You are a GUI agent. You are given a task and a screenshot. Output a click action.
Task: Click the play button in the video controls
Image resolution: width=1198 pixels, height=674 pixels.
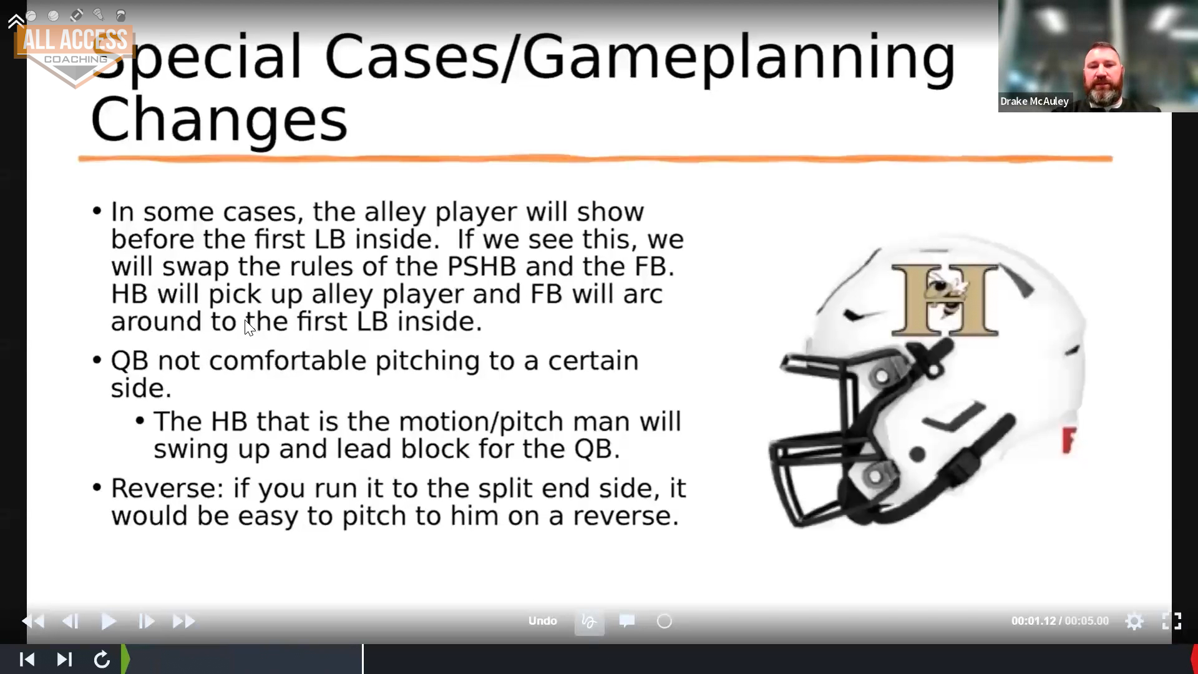pos(109,622)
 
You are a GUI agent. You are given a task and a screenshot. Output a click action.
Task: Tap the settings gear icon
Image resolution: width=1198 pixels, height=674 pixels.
pos(1134,622)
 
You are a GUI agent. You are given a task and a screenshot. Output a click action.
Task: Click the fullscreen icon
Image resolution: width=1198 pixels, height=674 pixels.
pos(1171,621)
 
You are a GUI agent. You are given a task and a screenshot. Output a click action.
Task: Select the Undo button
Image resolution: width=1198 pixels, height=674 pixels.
pos(542,621)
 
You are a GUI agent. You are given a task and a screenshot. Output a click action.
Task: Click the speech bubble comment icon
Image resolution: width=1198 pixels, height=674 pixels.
pos(627,620)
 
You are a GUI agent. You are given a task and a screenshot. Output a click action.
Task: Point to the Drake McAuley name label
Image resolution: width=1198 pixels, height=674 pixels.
pos(1035,101)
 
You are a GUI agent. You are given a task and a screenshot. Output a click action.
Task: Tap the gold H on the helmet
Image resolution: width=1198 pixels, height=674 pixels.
pos(945,300)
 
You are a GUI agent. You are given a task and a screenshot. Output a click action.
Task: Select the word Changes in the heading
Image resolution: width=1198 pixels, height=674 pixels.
pos(219,120)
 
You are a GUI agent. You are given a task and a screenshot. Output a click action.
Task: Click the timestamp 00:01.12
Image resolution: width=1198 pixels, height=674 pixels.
pos(1033,621)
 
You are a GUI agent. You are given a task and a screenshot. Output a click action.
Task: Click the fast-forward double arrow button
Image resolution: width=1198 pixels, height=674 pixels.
pos(183,622)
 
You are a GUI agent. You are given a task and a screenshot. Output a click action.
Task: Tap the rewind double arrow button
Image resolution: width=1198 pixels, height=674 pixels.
pos(33,622)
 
